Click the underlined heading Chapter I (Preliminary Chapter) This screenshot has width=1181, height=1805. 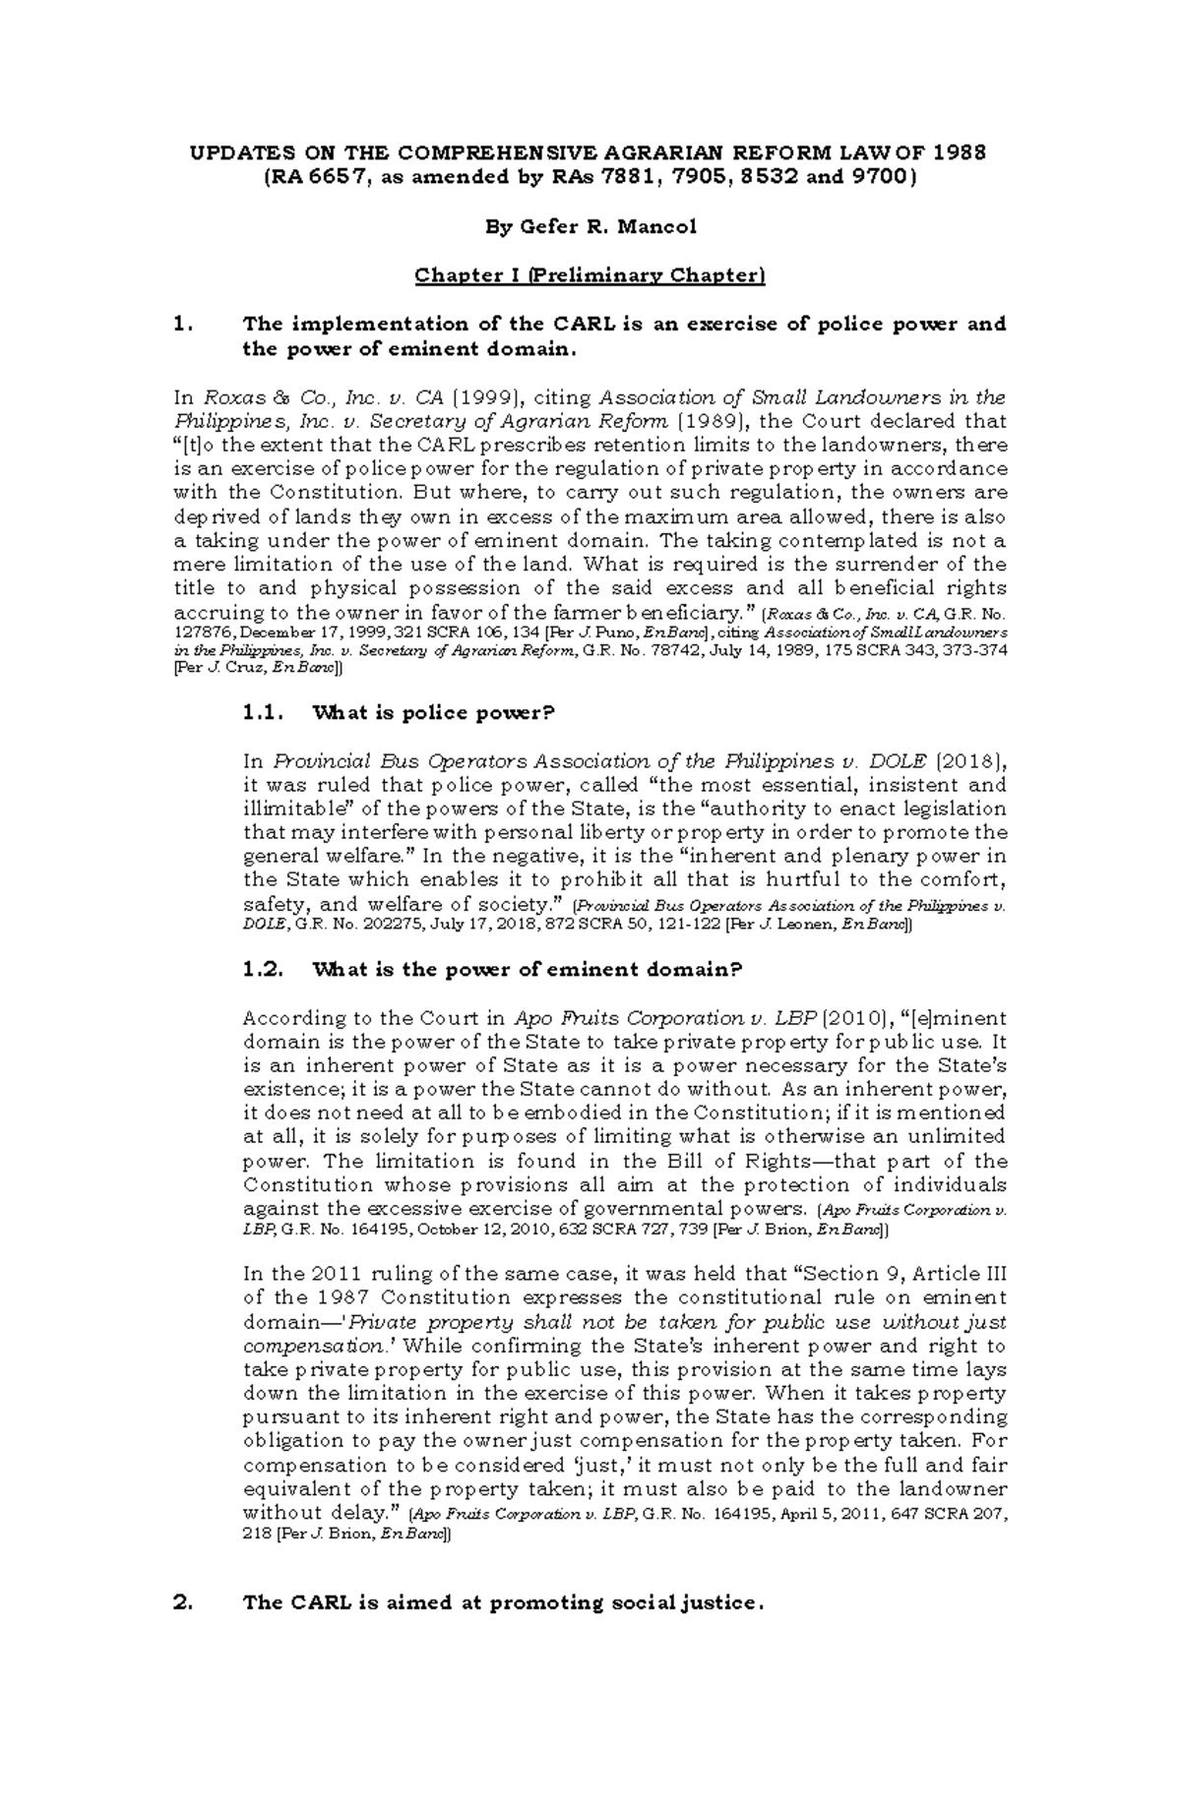coord(590,275)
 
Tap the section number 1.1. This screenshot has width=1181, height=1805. coord(263,713)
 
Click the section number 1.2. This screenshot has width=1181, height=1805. coord(263,970)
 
